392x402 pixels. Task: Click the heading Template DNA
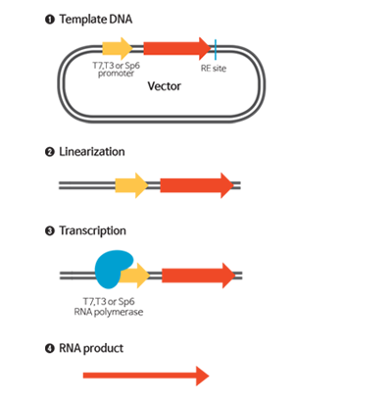point(96,20)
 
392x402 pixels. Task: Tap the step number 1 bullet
point(49,20)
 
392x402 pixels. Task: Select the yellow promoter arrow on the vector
point(118,48)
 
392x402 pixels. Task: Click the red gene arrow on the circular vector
point(177,48)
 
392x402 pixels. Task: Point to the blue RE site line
point(216,50)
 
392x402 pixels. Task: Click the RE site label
point(214,69)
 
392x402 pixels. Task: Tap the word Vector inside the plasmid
point(164,86)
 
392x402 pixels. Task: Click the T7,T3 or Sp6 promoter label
point(116,70)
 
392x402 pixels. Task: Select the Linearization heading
point(92,152)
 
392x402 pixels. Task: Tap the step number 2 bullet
point(49,152)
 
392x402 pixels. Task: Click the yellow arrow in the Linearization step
point(131,185)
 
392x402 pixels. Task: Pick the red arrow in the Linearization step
point(197,185)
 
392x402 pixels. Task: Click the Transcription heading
point(92,230)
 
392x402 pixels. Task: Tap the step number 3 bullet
point(49,231)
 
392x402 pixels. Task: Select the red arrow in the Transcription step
point(199,276)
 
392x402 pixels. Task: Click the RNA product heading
point(91,348)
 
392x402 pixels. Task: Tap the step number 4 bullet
point(49,349)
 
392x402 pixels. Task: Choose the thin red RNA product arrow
point(146,376)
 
